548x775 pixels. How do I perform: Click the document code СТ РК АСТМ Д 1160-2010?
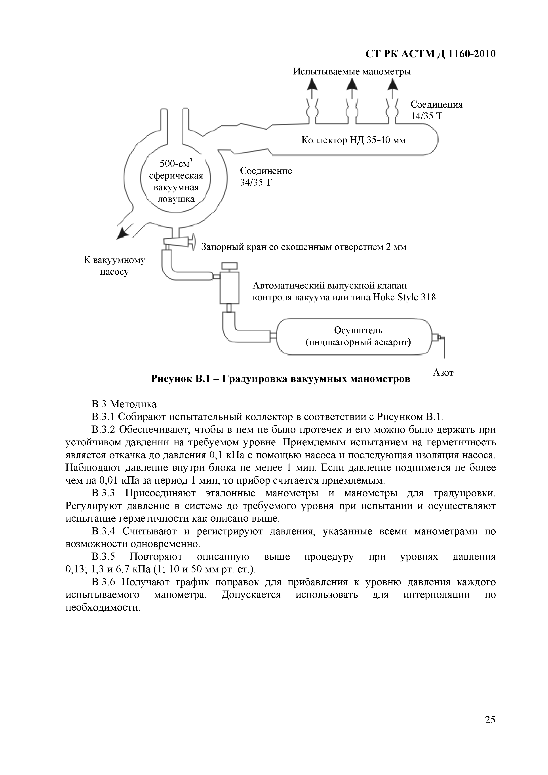[x=430, y=54]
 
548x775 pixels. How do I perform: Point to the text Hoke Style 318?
[x=404, y=297]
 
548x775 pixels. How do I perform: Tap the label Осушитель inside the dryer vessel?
[x=358, y=330]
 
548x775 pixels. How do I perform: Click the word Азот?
[x=443, y=373]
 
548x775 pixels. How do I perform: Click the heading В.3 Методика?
[x=124, y=404]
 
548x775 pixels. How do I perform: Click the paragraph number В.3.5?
[x=103, y=557]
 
